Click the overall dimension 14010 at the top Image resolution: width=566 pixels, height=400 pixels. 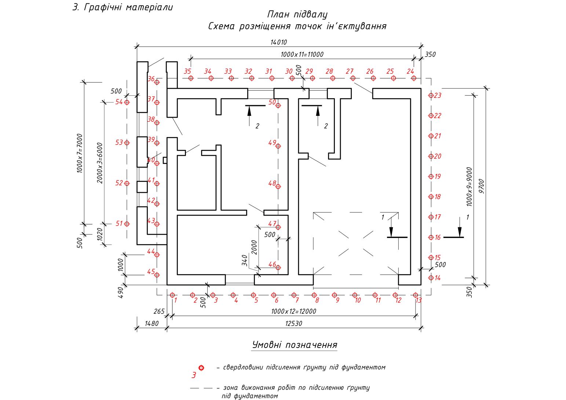pyautogui.click(x=279, y=43)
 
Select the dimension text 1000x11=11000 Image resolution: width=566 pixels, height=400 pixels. pyautogui.click(x=302, y=55)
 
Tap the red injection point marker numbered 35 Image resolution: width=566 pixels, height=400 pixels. pyautogui.click(x=191, y=78)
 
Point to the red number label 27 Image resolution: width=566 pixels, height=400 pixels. pyautogui.click(x=349, y=71)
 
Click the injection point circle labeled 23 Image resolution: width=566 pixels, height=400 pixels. pyautogui.click(x=431, y=96)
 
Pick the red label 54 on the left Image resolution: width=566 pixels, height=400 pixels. pyautogui.click(x=119, y=102)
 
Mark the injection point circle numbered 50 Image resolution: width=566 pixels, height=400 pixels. pyautogui.click(x=278, y=106)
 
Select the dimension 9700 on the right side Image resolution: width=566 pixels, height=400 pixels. pyautogui.click(x=482, y=186)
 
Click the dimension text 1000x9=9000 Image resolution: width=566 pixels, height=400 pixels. pyautogui.click(x=470, y=187)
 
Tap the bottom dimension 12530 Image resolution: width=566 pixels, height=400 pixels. pyautogui.click(x=293, y=324)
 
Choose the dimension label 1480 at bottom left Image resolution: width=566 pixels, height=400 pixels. pyautogui.click(x=151, y=324)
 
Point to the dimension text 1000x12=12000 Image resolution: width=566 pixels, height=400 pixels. pyautogui.click(x=293, y=312)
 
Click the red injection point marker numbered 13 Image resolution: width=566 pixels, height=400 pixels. pyautogui.click(x=415, y=295)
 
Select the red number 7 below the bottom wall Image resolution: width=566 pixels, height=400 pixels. pyautogui.click(x=297, y=301)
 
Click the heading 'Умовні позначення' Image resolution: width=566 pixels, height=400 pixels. pyautogui.click(x=295, y=345)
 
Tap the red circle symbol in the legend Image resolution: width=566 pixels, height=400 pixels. pyautogui.click(x=201, y=368)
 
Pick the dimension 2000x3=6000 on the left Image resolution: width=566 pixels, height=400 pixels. pyautogui.click(x=100, y=163)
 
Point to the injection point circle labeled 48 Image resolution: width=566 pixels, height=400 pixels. pyautogui.click(x=278, y=187)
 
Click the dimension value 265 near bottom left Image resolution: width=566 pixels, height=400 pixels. pyautogui.click(x=159, y=312)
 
